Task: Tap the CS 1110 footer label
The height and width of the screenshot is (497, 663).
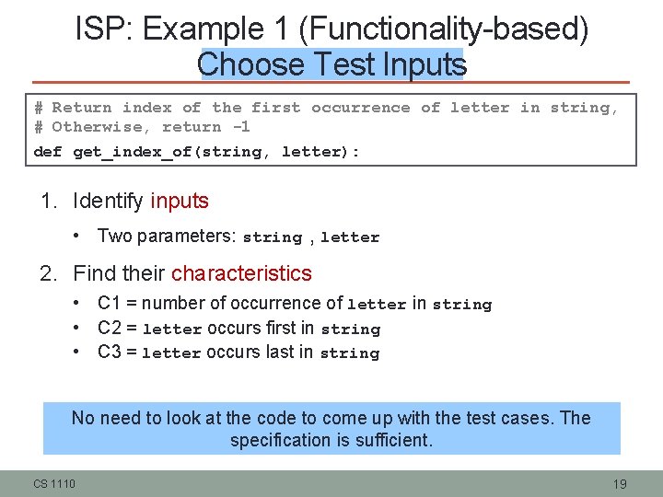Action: pos(55,484)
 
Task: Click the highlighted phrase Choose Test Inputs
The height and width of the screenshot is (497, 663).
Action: pos(331,65)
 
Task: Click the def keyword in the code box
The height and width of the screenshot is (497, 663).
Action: pos(47,152)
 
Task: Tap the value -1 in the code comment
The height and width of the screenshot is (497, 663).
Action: pos(239,128)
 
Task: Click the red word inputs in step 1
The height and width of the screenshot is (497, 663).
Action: pos(180,201)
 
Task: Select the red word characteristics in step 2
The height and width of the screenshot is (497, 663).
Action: pos(241,273)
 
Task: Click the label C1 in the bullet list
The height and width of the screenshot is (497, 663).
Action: pos(110,303)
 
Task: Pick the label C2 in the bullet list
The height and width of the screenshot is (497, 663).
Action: pos(110,328)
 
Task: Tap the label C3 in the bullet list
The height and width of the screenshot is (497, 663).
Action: pos(110,352)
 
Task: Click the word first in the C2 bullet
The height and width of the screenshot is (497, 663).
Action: pos(280,328)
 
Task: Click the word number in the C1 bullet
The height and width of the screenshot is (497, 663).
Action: pos(175,303)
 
